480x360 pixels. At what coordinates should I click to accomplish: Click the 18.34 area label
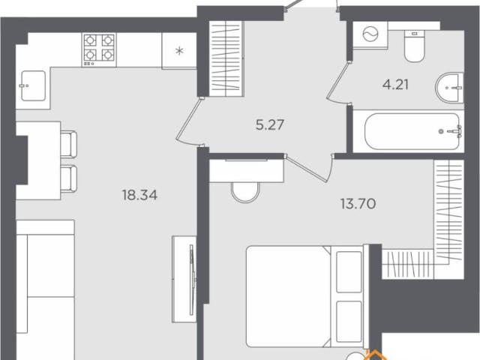tap(139, 195)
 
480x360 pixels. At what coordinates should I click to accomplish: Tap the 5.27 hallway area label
tap(270, 125)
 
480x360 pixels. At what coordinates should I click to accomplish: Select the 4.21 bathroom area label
tap(395, 85)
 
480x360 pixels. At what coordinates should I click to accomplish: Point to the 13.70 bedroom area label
tap(358, 203)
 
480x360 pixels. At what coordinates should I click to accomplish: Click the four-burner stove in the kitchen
tap(99, 50)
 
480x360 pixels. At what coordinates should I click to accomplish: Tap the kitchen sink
tap(33, 85)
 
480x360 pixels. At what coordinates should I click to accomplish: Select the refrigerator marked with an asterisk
tap(179, 50)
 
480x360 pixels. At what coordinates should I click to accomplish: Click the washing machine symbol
tap(370, 34)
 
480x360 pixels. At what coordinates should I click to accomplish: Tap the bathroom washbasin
tap(449, 88)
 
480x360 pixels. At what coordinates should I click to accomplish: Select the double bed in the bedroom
tap(304, 296)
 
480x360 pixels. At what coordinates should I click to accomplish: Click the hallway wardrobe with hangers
tap(226, 58)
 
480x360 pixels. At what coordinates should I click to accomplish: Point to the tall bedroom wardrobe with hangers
tap(448, 211)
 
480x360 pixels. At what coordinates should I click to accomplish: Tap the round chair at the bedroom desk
tap(245, 192)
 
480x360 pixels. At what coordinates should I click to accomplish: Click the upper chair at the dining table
tap(68, 144)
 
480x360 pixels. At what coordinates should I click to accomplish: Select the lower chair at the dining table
tap(68, 179)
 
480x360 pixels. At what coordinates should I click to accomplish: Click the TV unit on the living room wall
tap(184, 279)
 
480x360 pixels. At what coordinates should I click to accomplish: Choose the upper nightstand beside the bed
tap(349, 272)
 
